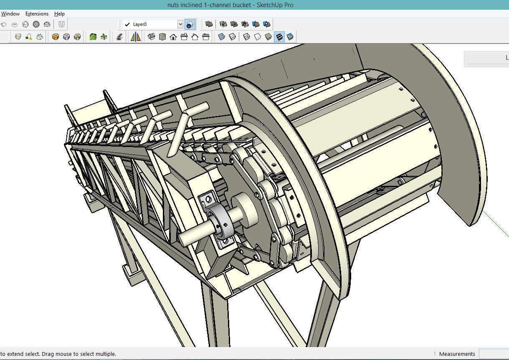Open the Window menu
(10, 14)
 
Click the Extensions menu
(37, 14)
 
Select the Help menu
(59, 14)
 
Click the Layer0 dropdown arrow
(180, 24)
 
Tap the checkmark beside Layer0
(127, 24)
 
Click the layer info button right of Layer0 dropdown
(190, 24)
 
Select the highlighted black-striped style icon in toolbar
(279, 37)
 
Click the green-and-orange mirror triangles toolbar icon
(136, 37)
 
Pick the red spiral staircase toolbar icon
(119, 37)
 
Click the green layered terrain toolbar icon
(93, 37)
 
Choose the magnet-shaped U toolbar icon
(61, 24)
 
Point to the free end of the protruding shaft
(183, 239)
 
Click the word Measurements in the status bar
(457, 354)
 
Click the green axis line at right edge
(497, 226)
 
